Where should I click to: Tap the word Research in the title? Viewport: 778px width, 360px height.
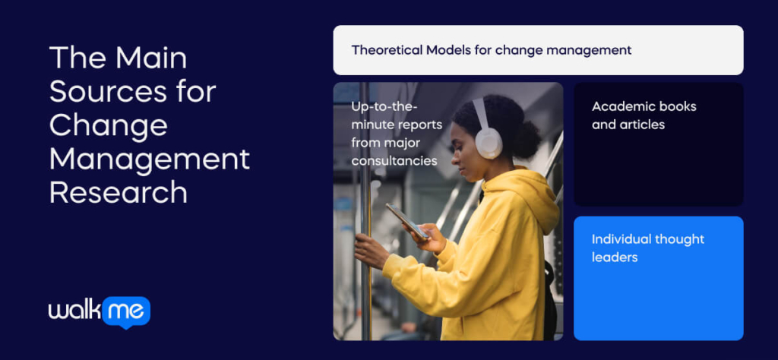pos(119,192)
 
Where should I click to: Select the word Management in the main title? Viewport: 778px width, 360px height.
pos(150,159)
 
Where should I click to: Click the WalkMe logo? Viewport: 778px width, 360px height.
pos(100,312)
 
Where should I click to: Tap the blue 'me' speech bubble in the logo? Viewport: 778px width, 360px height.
pos(126,312)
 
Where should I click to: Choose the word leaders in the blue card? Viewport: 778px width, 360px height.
pos(615,257)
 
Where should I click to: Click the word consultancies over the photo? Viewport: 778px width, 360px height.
pos(394,161)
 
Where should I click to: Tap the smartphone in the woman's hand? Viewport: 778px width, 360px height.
pos(407,221)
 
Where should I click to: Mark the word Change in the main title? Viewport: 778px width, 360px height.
pos(108,125)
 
